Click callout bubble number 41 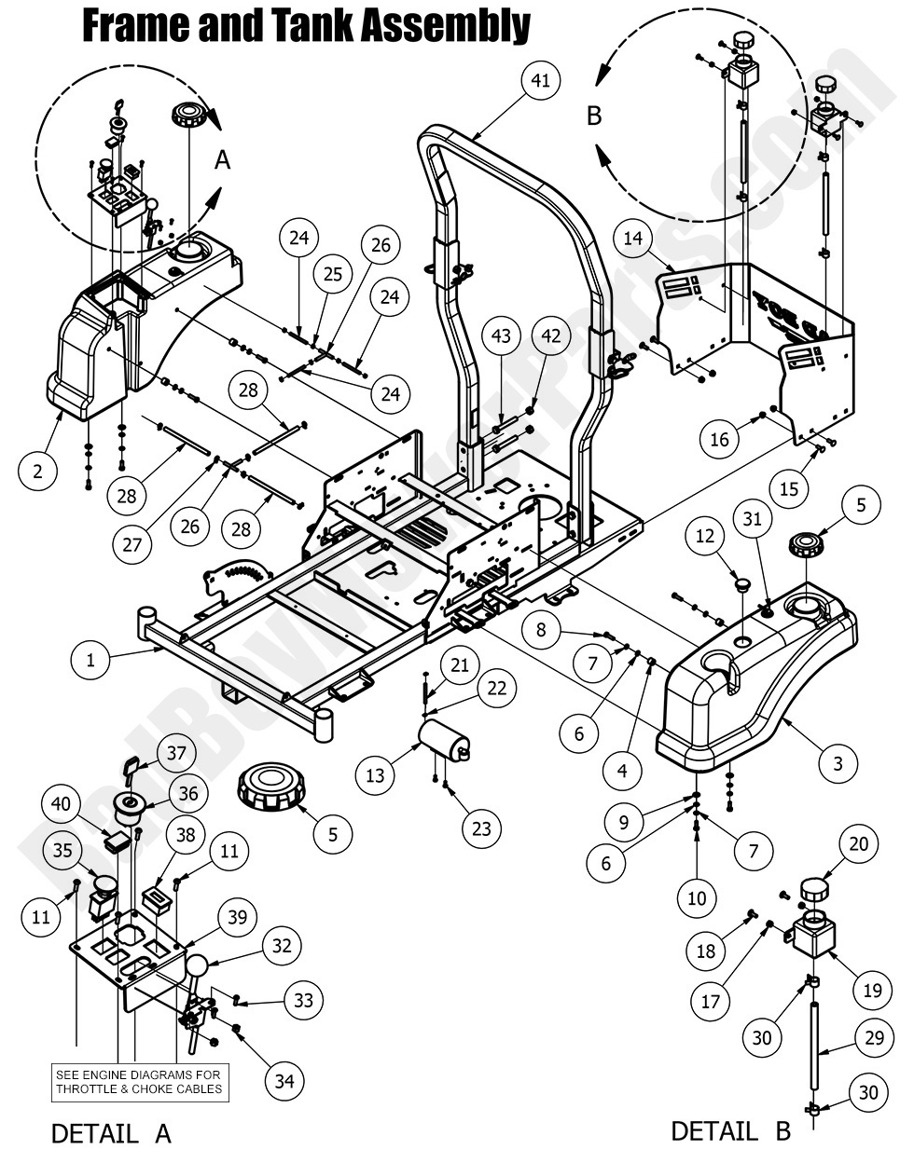540,80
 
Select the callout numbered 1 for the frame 90,661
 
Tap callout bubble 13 375,775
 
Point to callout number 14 633,239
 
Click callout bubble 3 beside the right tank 838,764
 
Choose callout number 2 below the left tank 37,472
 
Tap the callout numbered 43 502,335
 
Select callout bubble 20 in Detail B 858,844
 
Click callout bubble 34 284,1080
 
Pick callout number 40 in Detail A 61,803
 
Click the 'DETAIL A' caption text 111,1133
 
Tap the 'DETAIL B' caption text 730,1131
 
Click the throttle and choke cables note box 140,1082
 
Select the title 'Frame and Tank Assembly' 307,25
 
